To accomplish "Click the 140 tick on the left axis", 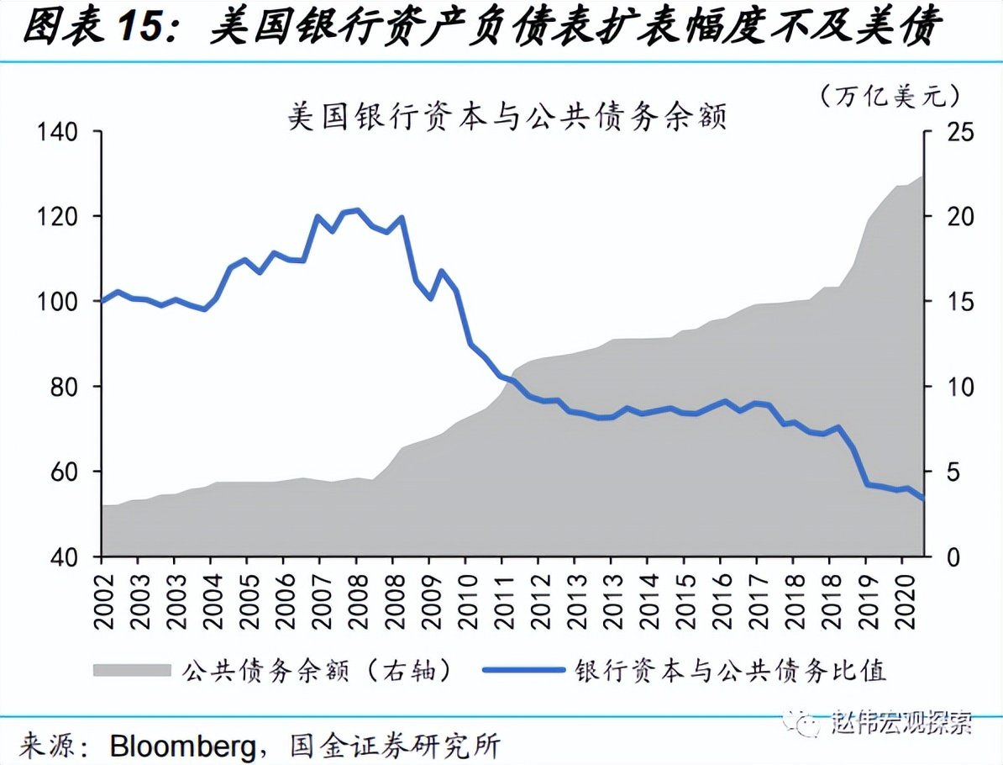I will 56,132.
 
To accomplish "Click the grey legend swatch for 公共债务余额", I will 130,670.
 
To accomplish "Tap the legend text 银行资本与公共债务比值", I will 731,670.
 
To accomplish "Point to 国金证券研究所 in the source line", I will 395,745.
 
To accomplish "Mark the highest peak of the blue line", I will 358,210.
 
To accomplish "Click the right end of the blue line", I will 922,499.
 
